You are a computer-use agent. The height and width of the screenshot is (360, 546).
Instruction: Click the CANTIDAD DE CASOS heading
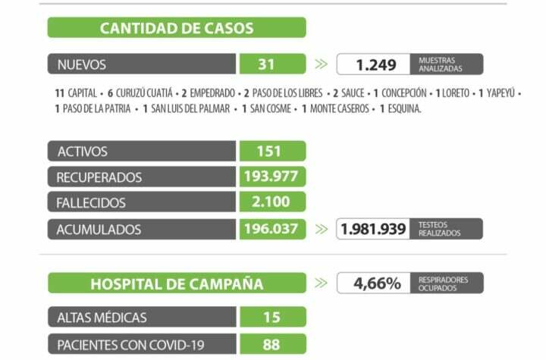[x=177, y=29]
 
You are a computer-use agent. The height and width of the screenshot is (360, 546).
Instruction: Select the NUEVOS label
[x=82, y=64]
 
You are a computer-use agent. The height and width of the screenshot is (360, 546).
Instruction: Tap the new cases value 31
[x=265, y=64]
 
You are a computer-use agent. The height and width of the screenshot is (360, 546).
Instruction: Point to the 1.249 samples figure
[x=376, y=65]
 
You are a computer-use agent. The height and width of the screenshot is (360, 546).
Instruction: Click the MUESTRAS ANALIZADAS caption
[x=439, y=64]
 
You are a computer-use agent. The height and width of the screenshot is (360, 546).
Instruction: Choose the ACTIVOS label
[x=83, y=152]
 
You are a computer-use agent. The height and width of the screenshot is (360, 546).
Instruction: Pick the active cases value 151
[x=268, y=152]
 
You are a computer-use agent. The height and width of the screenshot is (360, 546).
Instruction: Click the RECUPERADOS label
[x=99, y=177]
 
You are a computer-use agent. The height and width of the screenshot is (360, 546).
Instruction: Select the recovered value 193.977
[x=271, y=177]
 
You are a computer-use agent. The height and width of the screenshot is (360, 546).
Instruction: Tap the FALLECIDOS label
[x=91, y=203]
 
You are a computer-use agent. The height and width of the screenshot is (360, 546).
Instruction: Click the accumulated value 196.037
[x=271, y=229]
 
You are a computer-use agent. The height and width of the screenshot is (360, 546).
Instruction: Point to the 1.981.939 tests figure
[x=373, y=229]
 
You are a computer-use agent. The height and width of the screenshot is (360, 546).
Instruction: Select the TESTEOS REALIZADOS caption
[x=439, y=229]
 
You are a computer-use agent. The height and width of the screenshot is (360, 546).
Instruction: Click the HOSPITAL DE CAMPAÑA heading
[x=177, y=284]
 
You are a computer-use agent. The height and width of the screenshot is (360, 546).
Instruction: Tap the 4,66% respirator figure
[x=376, y=283]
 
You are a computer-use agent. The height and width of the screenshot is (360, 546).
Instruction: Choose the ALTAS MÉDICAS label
[x=102, y=318]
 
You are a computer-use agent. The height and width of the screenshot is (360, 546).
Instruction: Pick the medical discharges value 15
[x=271, y=318]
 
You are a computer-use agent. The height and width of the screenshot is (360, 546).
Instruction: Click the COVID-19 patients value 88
[x=271, y=344]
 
